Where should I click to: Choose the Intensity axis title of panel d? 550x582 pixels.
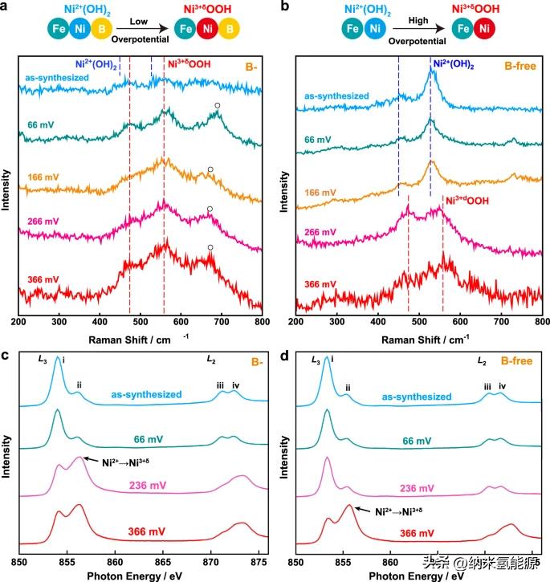[x=279, y=450]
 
